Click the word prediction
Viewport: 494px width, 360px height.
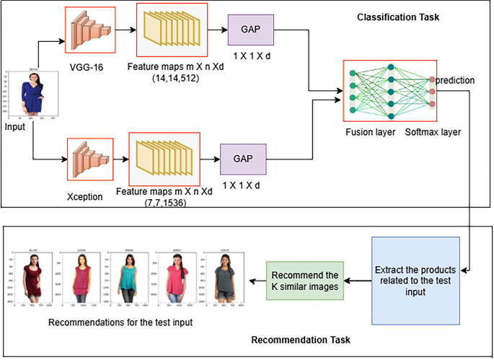[456, 80]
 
